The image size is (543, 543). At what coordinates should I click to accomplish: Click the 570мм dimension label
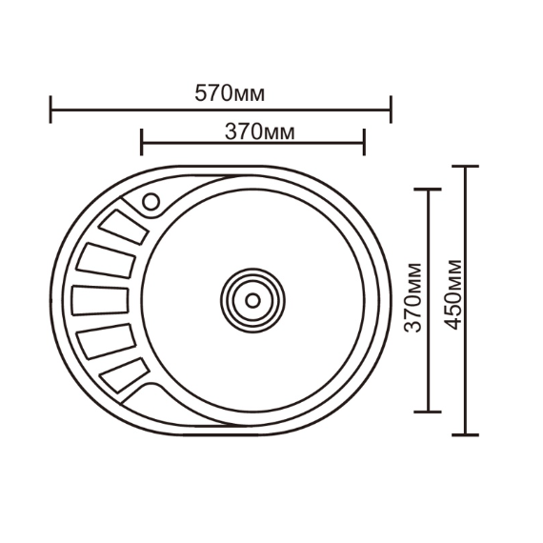(x=230, y=93)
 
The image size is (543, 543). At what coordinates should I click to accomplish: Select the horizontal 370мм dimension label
(x=260, y=132)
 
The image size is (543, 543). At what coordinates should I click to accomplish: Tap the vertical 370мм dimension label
(x=413, y=298)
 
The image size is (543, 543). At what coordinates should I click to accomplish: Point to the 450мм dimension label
(x=452, y=294)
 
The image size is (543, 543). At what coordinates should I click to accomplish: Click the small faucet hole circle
(x=151, y=202)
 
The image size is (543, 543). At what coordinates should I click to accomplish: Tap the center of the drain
(x=252, y=300)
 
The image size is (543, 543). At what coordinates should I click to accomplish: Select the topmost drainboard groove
(x=123, y=227)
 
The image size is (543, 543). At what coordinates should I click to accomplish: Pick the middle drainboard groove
(x=100, y=301)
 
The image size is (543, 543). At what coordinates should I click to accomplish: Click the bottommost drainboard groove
(x=125, y=375)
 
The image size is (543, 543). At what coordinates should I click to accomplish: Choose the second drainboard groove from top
(x=106, y=261)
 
